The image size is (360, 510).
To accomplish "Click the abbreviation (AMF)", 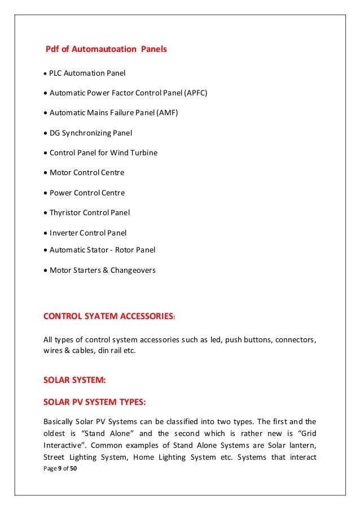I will [167, 113].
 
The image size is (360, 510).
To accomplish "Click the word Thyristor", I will [65, 213].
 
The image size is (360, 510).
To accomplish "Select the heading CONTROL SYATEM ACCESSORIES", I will [108, 316].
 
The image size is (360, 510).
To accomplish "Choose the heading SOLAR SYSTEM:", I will [74, 381].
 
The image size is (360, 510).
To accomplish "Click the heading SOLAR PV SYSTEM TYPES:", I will [95, 402].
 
